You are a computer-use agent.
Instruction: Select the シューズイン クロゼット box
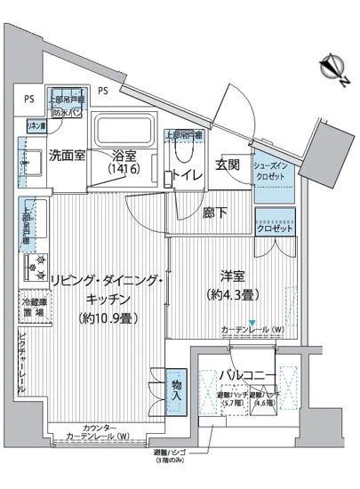[x=272, y=172]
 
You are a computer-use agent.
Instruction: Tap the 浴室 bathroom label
[x=125, y=153]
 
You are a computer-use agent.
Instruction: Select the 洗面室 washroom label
[x=67, y=154]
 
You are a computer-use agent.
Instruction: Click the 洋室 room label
[x=228, y=277]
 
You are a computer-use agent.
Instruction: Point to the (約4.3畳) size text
[x=228, y=294]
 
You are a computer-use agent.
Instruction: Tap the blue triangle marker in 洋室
[x=252, y=323]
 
